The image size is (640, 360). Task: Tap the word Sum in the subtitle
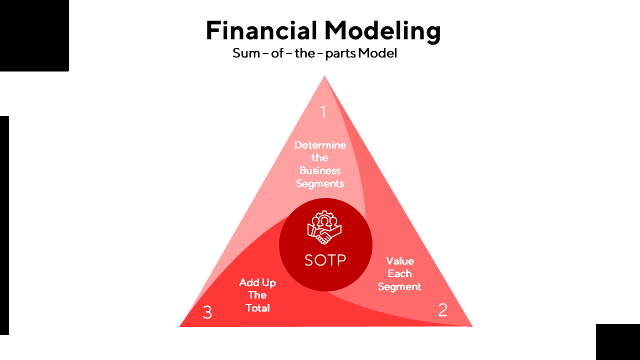point(246,53)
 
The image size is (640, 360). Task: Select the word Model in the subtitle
point(377,53)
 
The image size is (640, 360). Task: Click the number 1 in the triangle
point(323,112)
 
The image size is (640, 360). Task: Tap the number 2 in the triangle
point(442,310)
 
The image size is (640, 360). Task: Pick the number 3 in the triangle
point(207,313)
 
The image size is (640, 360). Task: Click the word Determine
point(320,145)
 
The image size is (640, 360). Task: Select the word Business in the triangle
point(320,170)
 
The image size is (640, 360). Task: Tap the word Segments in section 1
point(320,183)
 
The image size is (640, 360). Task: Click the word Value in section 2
point(400,260)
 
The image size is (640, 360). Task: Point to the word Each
point(400,273)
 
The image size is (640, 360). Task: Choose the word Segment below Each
point(400,286)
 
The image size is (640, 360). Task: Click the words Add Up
point(257,282)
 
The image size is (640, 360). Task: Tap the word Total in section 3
point(257,308)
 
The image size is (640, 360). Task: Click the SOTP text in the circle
point(325,260)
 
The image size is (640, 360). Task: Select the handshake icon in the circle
point(325,228)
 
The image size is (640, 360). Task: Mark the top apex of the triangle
point(324,76)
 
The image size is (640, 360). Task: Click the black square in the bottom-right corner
point(617,341)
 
